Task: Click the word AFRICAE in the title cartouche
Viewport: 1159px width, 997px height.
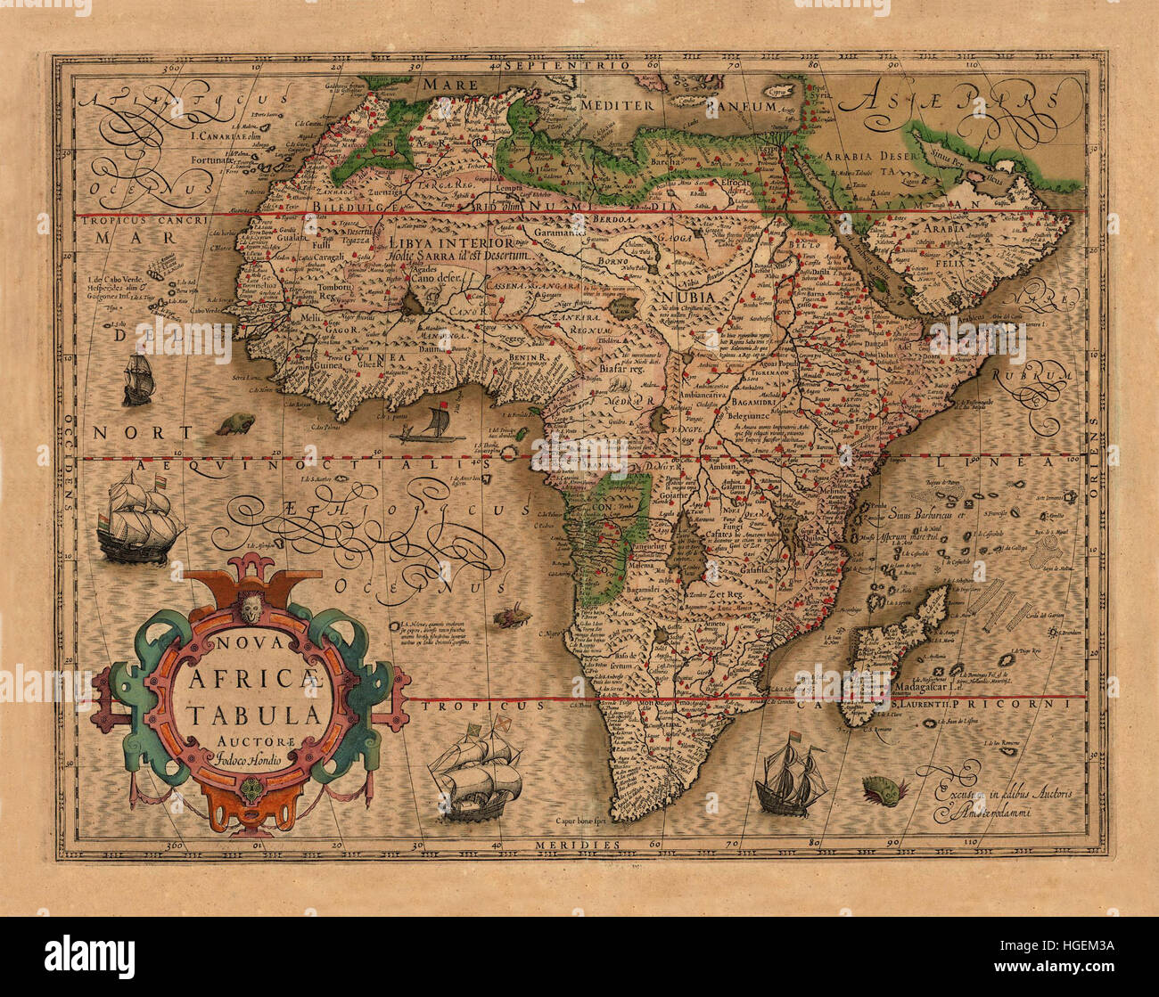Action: coord(255,682)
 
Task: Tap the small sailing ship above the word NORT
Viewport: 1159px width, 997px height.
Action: coord(137,380)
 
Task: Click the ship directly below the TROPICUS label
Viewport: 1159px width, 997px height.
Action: coord(475,772)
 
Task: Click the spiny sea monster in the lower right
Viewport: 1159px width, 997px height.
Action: coord(884,789)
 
